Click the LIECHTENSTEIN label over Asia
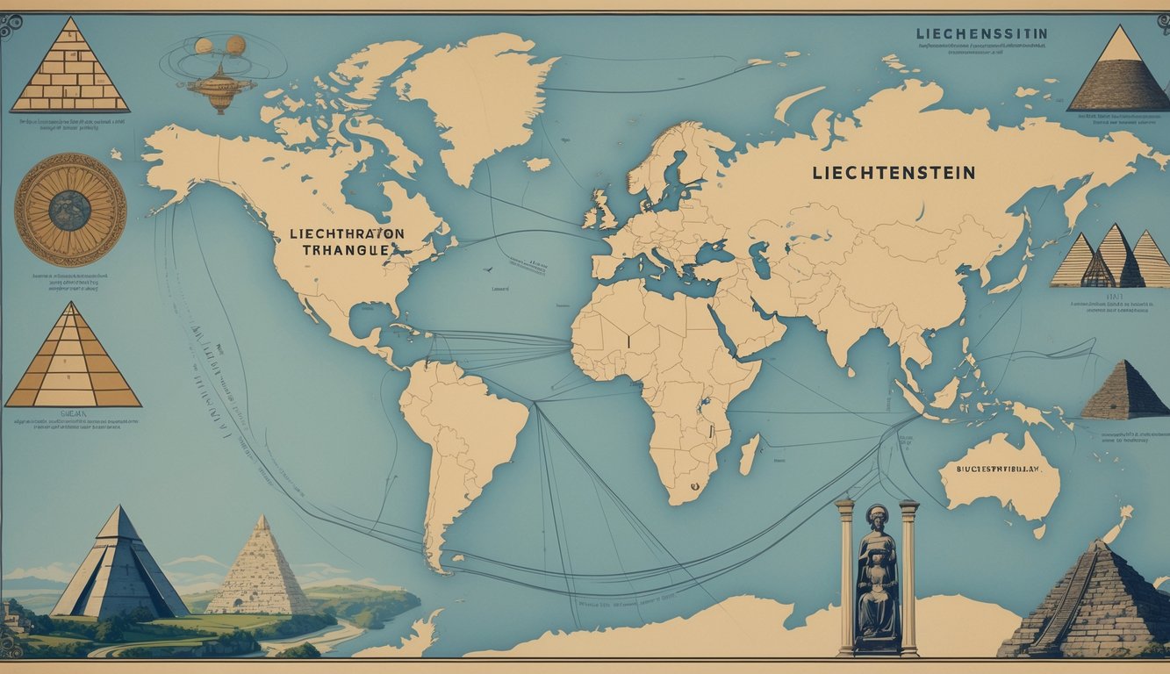[894, 173]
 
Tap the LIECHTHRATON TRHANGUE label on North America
[346, 241]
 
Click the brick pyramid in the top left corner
[70, 68]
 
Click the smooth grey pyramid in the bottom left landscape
[118, 566]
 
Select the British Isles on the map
[601, 211]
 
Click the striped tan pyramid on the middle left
[72, 360]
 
